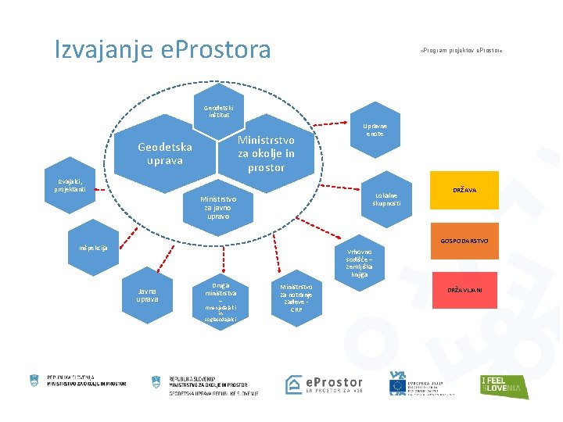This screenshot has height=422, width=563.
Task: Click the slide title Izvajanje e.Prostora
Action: (163, 50)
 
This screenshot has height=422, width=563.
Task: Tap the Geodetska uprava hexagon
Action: (165, 154)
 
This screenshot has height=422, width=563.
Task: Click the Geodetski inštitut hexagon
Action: (218, 112)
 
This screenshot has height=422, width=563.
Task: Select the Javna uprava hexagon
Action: (148, 295)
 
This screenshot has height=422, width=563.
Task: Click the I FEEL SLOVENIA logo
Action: (504, 385)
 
